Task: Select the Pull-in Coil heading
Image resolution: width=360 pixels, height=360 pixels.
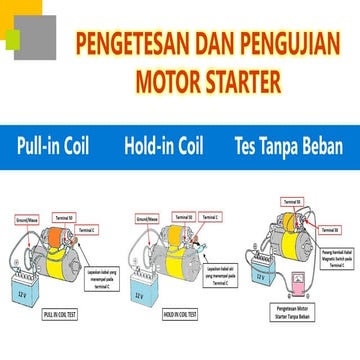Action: coord(52,146)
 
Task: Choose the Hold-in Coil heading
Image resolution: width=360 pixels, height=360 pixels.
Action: coord(164,146)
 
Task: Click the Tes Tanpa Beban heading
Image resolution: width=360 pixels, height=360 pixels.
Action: coord(288,146)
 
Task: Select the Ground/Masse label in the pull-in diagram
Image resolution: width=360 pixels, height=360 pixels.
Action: coord(28,215)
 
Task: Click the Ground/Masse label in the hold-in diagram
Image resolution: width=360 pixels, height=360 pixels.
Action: coord(147,215)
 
